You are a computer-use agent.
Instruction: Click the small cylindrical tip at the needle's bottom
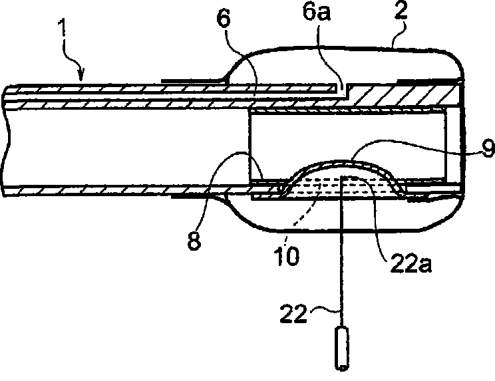click(341, 349)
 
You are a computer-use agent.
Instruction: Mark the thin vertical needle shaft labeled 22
click(341, 266)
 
